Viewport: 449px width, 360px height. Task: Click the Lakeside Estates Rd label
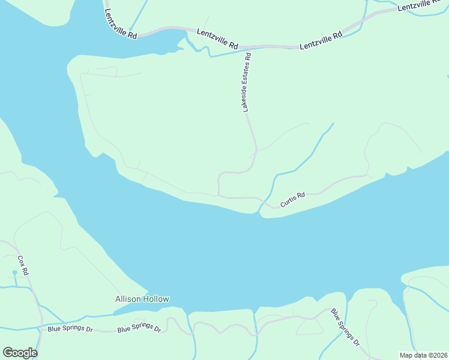point(247,82)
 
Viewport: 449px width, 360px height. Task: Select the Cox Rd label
point(23,265)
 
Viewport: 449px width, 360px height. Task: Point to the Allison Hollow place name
point(142,299)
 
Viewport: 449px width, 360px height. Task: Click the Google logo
point(20,353)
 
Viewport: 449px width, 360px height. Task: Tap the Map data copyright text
point(423,355)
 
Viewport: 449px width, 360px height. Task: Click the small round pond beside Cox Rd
point(14,273)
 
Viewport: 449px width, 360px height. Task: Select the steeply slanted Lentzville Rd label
point(121,24)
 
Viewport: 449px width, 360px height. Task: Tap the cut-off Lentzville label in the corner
point(423,4)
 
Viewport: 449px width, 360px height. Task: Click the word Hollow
point(155,299)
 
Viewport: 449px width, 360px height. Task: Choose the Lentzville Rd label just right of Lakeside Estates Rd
point(321,40)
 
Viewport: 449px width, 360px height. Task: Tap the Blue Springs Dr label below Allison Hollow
point(139,329)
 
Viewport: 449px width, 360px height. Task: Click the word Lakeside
point(246,100)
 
